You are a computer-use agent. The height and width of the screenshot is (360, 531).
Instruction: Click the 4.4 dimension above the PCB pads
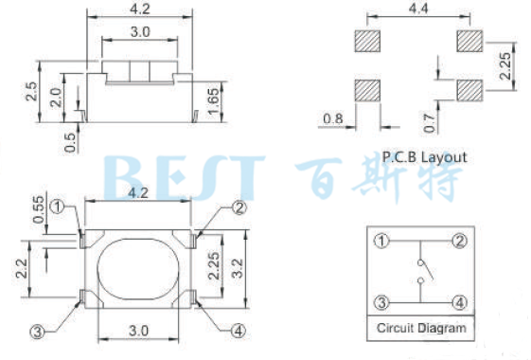coord(417,9)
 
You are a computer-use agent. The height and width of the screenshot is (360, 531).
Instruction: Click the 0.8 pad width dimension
coord(333,118)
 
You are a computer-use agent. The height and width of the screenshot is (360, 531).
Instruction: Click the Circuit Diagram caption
coord(421,329)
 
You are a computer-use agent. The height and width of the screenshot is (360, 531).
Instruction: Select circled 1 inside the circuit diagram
coord(381,241)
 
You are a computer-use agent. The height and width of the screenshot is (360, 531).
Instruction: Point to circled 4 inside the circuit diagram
coord(459,303)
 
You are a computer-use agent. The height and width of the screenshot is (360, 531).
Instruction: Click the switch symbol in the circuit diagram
coord(421,273)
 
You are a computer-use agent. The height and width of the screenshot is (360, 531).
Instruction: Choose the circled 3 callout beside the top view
coord(38,331)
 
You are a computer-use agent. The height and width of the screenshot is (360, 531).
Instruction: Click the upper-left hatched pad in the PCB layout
coord(368,41)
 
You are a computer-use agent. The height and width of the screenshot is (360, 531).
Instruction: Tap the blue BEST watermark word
coord(180,176)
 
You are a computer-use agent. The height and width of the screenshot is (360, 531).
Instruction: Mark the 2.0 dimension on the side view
coord(56,99)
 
